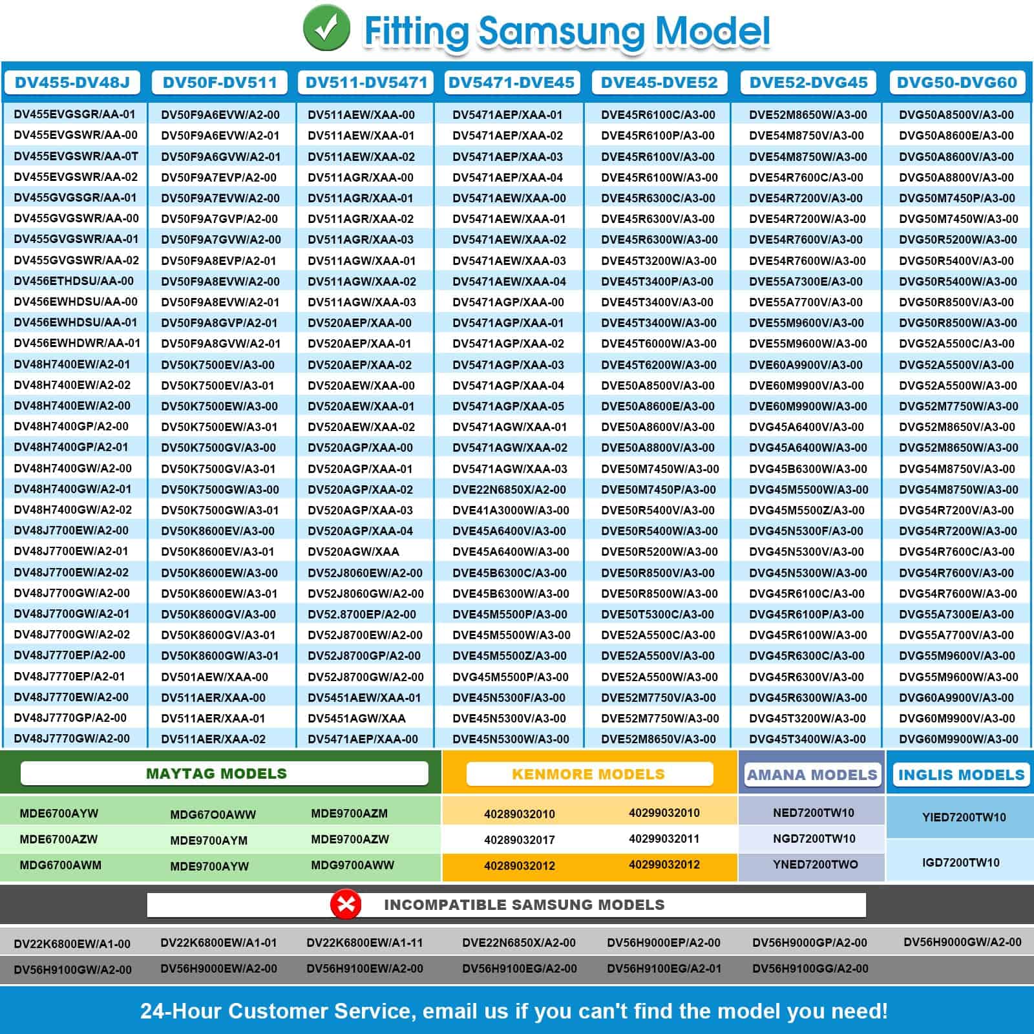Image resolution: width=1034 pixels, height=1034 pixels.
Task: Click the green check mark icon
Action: point(326,28)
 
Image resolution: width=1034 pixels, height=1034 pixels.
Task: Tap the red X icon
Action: point(346,903)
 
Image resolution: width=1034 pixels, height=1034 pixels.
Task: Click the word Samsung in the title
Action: point(560,30)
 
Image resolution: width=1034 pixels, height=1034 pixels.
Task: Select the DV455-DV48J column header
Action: point(72,83)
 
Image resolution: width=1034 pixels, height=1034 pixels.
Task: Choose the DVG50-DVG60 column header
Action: point(956,83)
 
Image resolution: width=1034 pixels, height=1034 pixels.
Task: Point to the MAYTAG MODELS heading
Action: point(216,774)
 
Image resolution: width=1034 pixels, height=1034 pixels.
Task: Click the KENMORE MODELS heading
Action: point(588,774)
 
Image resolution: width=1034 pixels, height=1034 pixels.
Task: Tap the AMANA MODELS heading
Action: point(812,775)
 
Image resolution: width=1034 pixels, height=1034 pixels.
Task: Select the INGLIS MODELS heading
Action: point(961,775)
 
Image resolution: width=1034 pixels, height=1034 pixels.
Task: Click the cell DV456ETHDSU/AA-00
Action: point(74,281)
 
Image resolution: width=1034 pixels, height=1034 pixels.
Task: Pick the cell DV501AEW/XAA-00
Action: point(215,677)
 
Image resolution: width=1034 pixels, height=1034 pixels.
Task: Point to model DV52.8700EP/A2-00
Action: point(362,615)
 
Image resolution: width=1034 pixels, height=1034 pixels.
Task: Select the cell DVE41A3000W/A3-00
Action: point(511,511)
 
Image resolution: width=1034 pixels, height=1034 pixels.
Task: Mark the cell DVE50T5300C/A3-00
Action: point(657,615)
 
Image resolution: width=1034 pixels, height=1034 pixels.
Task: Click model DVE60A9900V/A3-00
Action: point(806,365)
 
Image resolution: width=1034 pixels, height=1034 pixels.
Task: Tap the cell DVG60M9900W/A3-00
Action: point(958,739)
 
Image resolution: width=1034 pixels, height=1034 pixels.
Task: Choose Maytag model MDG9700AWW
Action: point(352,865)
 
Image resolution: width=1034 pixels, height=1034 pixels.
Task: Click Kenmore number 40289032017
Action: point(520,840)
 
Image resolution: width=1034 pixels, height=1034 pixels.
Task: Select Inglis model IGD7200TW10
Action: point(960,863)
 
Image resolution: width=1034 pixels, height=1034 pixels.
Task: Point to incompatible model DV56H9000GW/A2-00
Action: point(962,942)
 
